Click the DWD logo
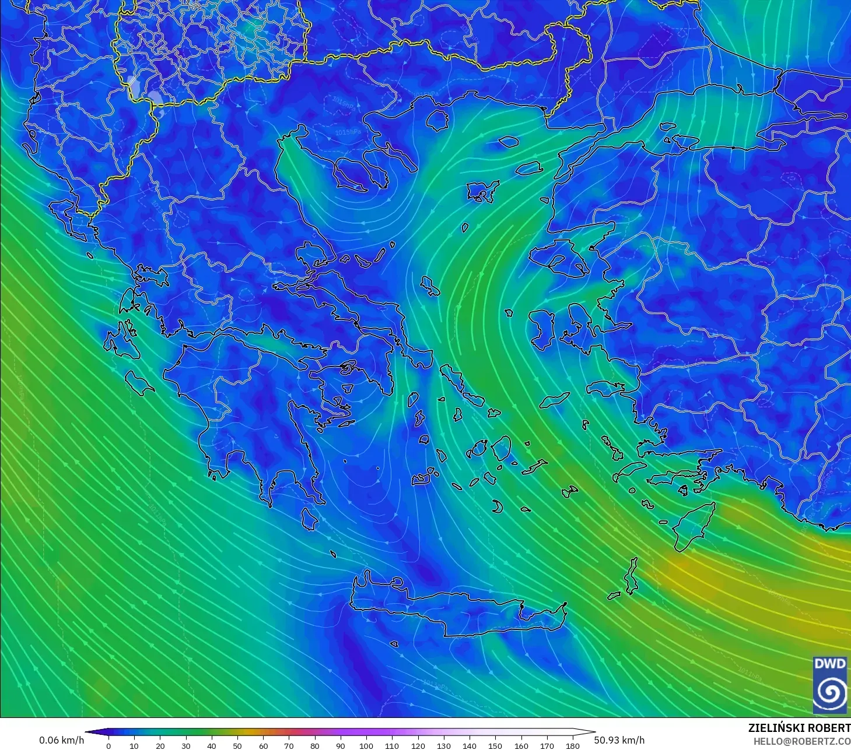[x=830, y=685]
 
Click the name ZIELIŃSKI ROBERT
[x=799, y=728]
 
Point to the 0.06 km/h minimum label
[x=61, y=740]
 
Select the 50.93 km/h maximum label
[x=619, y=740]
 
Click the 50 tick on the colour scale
[x=237, y=745]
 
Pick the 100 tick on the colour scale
[x=366, y=745]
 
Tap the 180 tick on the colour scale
[x=573, y=745]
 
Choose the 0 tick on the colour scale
[x=108, y=745]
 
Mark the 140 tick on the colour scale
[x=470, y=745]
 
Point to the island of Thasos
[x=437, y=120]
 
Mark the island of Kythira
[x=310, y=519]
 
